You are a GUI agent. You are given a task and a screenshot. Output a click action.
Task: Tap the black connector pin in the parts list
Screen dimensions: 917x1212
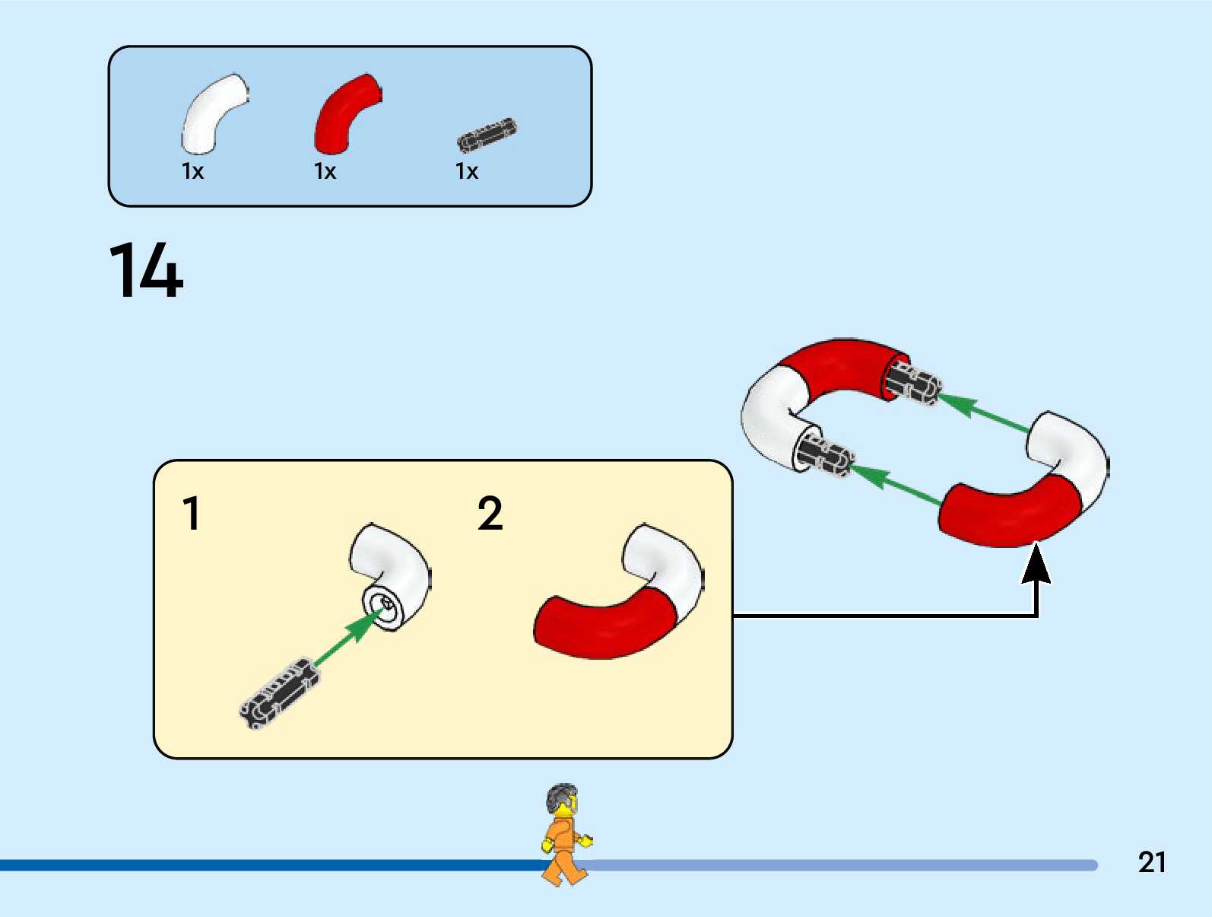487,135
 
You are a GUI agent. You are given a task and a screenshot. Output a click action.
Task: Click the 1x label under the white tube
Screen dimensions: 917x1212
193,171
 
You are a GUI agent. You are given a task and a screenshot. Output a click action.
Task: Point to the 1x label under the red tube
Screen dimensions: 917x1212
325,171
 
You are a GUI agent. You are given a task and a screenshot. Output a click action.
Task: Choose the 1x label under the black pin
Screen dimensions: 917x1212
467,171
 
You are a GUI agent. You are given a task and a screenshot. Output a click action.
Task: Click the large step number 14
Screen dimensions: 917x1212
146,270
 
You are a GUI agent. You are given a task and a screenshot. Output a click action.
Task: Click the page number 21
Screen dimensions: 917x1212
1152,862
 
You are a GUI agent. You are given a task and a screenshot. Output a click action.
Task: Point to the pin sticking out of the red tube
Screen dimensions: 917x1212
917,383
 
